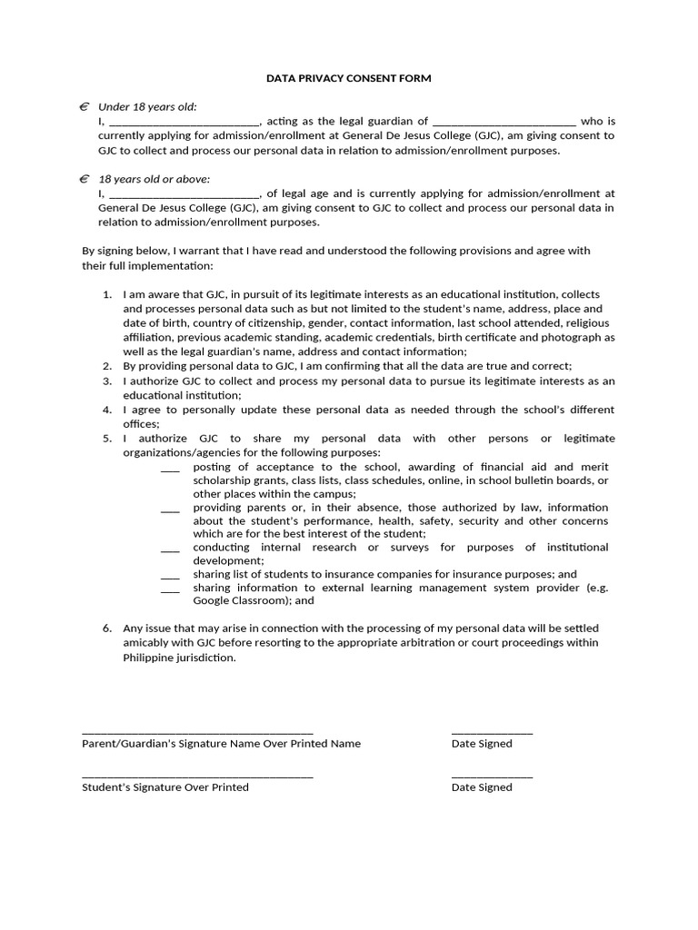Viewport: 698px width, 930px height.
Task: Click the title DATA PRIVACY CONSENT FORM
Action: pyautogui.click(x=349, y=79)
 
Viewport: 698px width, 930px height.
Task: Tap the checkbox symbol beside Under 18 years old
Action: pyautogui.click(x=84, y=106)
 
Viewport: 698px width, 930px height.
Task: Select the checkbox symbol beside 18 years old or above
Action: pyautogui.click(x=84, y=179)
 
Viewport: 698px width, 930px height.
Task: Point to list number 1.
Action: pyautogui.click(x=106, y=294)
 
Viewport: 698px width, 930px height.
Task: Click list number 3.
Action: pyautogui.click(x=106, y=381)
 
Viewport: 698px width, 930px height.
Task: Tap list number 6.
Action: pyautogui.click(x=106, y=628)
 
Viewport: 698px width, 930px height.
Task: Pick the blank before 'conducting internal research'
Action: pyautogui.click(x=170, y=549)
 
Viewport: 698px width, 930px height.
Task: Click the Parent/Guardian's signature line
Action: pyautogui.click(x=197, y=732)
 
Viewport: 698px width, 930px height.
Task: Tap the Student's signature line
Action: pyautogui.click(x=197, y=777)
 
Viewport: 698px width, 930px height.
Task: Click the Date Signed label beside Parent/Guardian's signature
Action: pyautogui.click(x=482, y=744)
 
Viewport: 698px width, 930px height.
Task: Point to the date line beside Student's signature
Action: pyautogui.click(x=492, y=777)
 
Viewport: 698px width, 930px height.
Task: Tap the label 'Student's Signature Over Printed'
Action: pyautogui.click(x=165, y=787)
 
